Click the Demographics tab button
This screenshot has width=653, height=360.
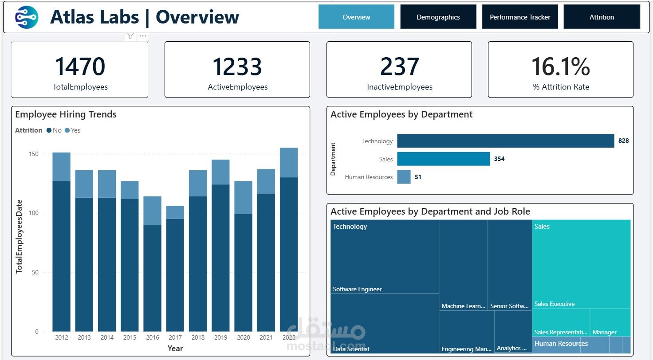pos(438,17)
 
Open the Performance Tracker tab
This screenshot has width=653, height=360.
pos(519,17)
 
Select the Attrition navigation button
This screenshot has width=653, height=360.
pos(602,17)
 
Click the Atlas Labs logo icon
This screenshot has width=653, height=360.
pos(27,17)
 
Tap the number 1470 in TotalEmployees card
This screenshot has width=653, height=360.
pos(80,67)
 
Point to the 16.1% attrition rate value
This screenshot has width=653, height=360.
pos(560,67)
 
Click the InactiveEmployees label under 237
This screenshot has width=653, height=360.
pos(399,87)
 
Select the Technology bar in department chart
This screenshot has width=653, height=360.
pos(505,141)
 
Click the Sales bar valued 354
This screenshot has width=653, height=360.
pos(443,159)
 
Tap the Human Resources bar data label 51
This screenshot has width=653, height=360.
pos(418,177)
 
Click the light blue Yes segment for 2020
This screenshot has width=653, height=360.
pos(243,197)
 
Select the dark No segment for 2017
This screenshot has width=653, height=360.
pos(175,275)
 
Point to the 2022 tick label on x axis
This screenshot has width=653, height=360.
pos(288,337)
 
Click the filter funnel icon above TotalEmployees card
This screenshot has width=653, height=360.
pos(130,36)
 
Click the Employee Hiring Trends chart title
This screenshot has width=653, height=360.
pos(66,114)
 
